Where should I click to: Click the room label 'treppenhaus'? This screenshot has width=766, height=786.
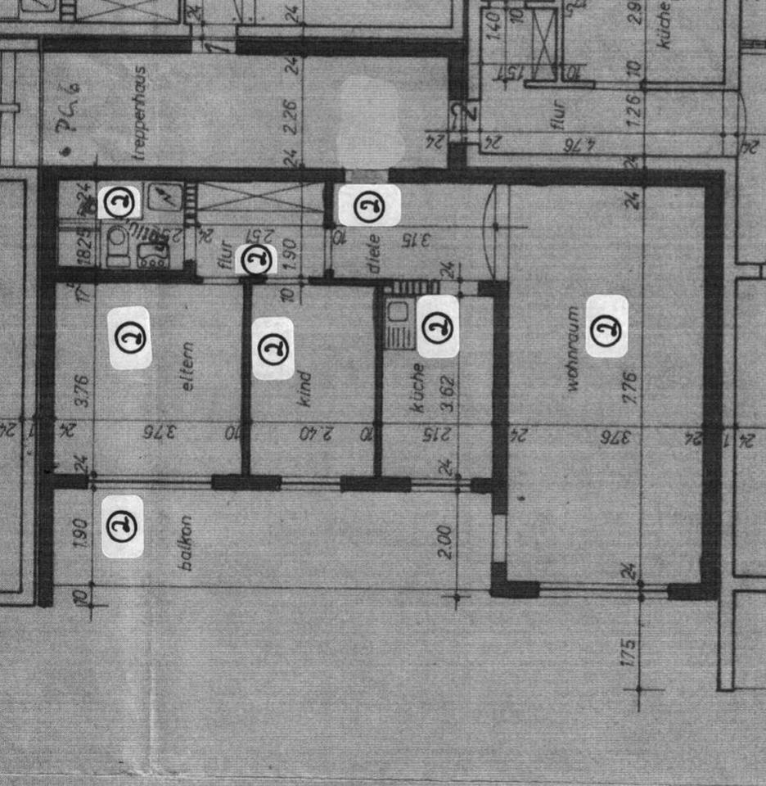pos(140,112)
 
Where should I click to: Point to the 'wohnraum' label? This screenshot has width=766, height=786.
pos(574,349)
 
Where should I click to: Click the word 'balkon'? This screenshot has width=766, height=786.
pos(187,542)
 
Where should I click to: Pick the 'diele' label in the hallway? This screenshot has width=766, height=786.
pos(375,254)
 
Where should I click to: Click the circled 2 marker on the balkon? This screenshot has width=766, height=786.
pos(123,526)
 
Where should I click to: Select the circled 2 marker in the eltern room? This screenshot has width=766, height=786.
pos(130,337)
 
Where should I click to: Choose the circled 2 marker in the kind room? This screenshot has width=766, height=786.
pos(273,348)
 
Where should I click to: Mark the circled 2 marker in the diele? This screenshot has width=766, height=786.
pos(370,205)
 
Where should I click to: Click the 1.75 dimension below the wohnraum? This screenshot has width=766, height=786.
pos(628,653)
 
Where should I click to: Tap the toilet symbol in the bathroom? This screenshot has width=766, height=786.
pos(118,241)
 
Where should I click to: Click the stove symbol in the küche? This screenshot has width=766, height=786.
pos(399,324)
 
